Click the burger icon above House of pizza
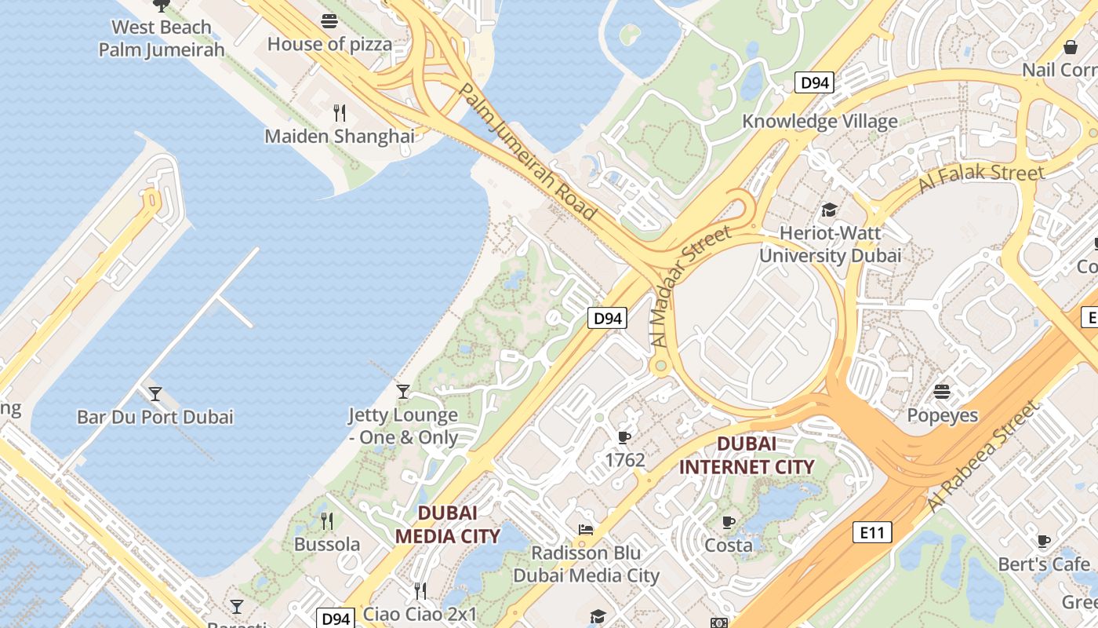pos(329,21)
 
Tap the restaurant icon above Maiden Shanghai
pos(339,113)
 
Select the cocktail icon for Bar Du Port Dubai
pos(155,393)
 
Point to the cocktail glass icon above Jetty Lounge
pos(403,391)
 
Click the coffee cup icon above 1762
pos(624,436)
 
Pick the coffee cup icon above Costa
pos(729,522)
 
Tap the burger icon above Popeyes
pos(942,391)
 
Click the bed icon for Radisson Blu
pos(585,530)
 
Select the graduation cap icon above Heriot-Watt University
pos(829,210)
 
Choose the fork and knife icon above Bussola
pos(327,520)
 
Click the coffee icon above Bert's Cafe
pos(1043,541)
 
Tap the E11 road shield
pos(871,533)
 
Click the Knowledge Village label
pos(820,122)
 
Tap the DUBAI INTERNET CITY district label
pos(747,455)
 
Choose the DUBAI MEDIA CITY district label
pos(447,524)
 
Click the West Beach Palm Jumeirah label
pos(162,38)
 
